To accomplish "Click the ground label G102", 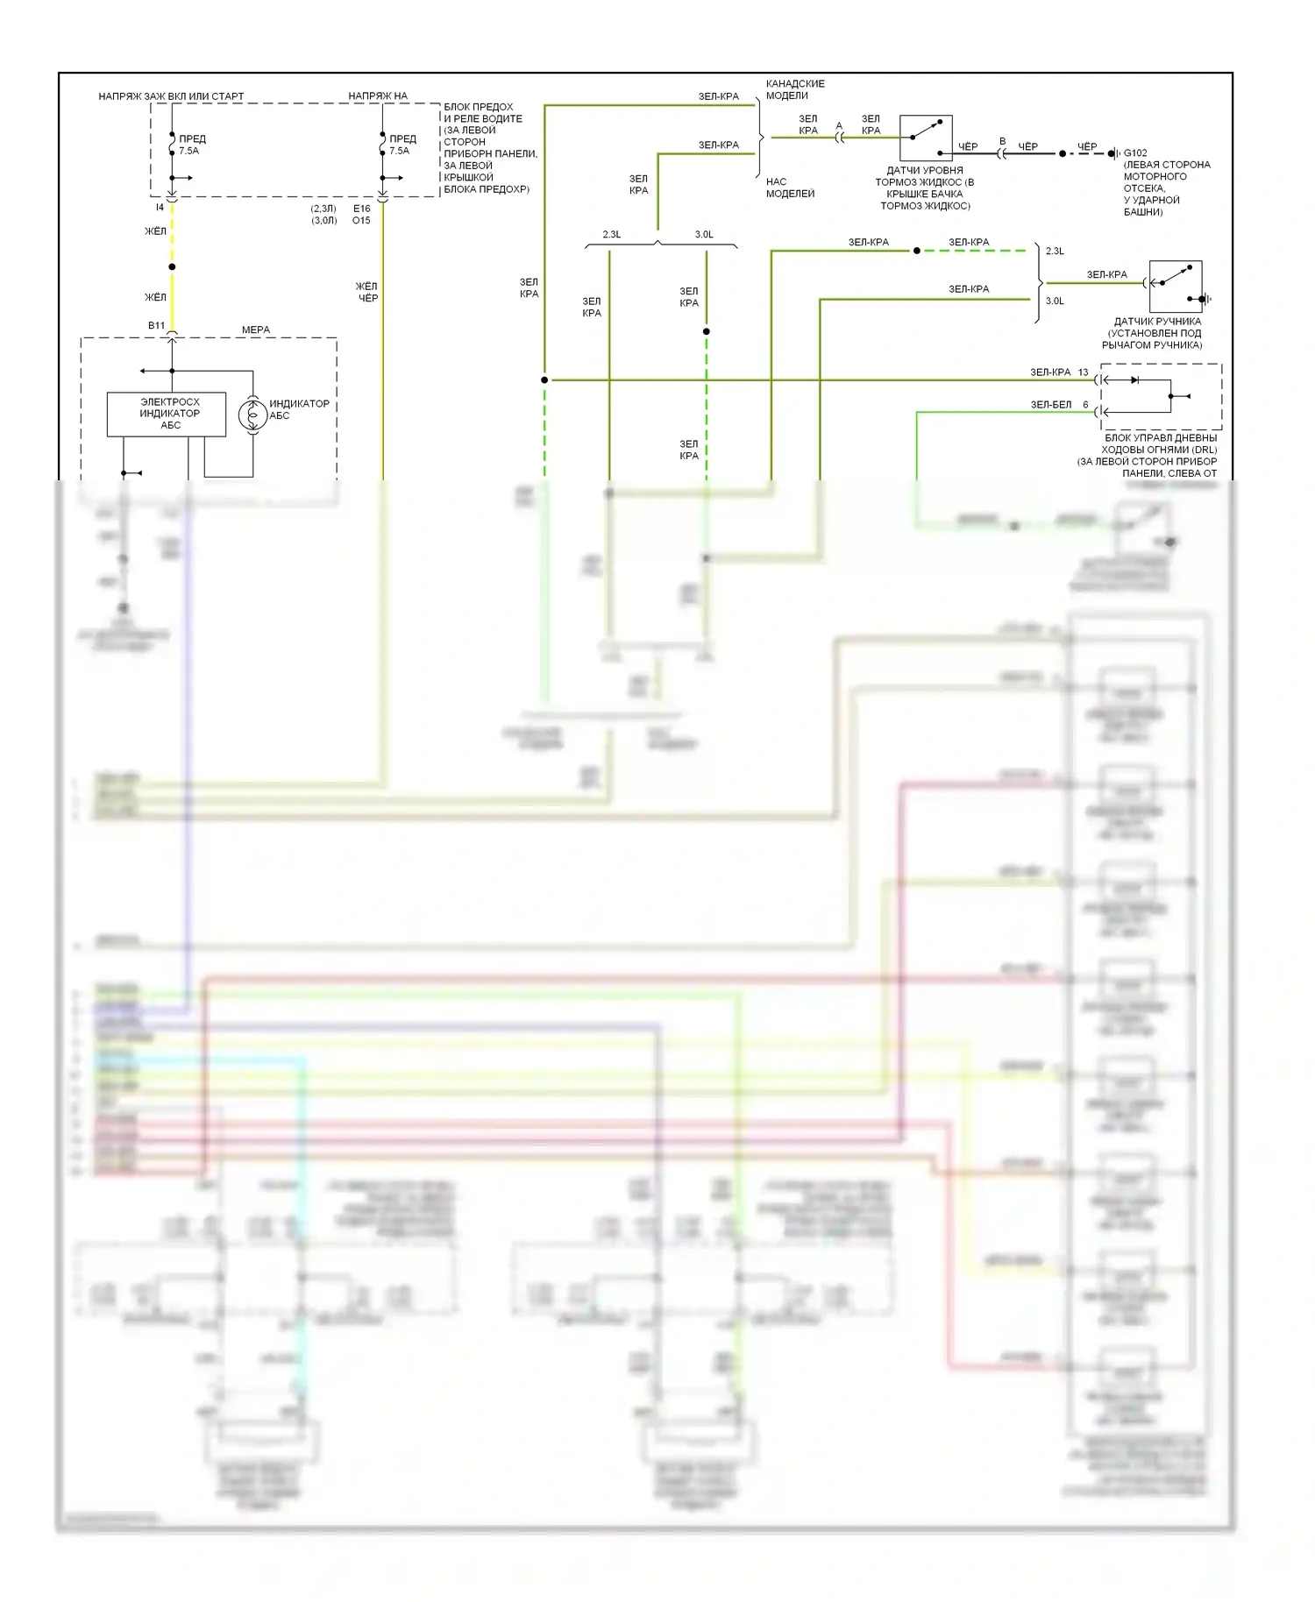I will point(1135,152).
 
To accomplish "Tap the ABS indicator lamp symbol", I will point(253,414).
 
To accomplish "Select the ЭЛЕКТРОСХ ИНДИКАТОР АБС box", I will point(167,414).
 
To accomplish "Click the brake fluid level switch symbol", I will point(926,138).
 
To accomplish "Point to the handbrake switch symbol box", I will point(1176,287).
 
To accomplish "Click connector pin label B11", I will point(156,325).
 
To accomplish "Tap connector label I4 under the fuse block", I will point(160,208).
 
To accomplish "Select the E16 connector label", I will point(361,209).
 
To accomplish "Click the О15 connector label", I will point(361,221).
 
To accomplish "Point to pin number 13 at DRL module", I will point(1084,372).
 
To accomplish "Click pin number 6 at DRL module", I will point(1085,405).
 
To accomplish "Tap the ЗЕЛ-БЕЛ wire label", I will point(1050,405).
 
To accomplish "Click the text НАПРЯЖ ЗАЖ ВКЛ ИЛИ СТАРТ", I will point(171,96).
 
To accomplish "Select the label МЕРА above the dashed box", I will point(256,330).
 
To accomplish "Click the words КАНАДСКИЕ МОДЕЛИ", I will point(795,89).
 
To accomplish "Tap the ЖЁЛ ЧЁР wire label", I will point(367,292).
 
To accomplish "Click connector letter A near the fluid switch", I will point(839,126).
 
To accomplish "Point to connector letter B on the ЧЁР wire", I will point(1003,141).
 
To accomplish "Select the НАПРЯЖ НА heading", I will point(378,96).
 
